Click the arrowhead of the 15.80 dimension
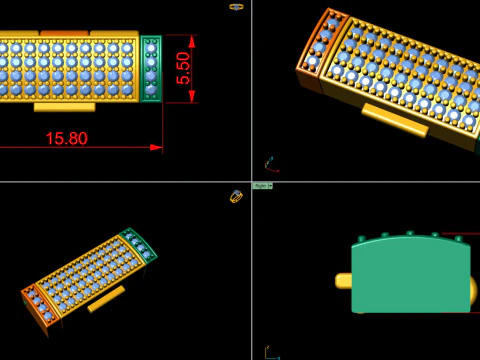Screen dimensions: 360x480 pos(156,147)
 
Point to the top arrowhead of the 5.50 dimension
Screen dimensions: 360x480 pos(191,38)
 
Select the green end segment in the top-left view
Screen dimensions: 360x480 pos(151,67)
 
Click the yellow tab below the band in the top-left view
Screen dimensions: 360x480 pos(65,105)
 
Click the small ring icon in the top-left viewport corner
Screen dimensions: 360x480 pos(236,6)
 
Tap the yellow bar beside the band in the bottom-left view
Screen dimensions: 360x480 pos(106,299)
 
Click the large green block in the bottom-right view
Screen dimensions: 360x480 pos(410,275)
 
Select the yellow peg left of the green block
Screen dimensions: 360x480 pos(343,282)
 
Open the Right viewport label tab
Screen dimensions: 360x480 pos(262,186)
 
